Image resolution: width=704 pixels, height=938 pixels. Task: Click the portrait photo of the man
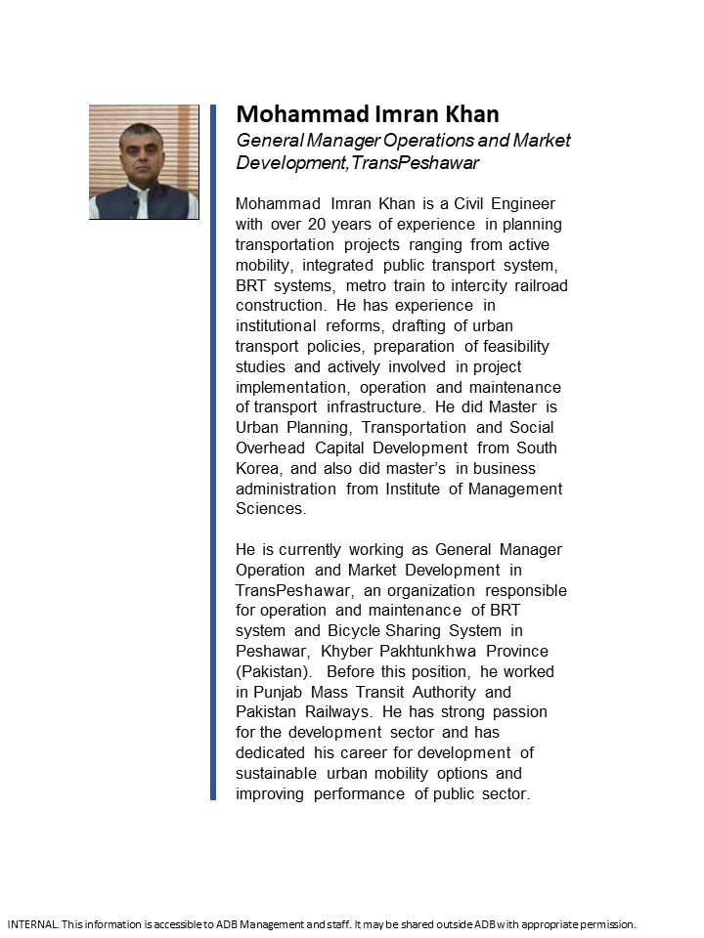144,162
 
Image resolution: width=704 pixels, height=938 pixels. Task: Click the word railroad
536,285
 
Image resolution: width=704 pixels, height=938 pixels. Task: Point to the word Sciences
270,509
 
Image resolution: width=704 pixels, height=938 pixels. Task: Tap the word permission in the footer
607,923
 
